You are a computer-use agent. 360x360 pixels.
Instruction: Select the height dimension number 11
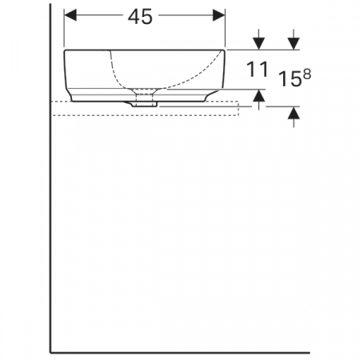256,70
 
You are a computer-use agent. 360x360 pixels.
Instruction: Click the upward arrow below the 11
258,97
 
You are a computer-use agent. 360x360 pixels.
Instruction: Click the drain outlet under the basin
145,100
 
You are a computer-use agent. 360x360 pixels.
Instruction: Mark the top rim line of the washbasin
144,50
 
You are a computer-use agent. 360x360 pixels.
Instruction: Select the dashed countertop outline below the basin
144,114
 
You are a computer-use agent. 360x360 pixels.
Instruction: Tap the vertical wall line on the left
51,200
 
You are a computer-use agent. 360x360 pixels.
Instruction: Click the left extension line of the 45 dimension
63,28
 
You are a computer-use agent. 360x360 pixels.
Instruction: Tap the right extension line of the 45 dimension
226,28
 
